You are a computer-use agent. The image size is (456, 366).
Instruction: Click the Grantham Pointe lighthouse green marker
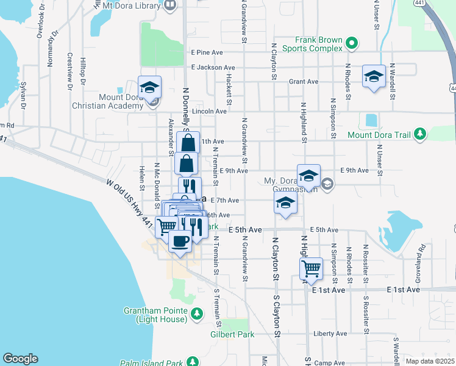coord(196,314)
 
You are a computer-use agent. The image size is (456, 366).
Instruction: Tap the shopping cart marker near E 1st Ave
coord(311,268)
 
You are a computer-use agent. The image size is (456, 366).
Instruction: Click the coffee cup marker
coord(179,241)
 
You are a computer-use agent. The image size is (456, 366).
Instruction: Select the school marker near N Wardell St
coord(374,76)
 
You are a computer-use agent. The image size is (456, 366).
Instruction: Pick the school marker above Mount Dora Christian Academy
coord(149,87)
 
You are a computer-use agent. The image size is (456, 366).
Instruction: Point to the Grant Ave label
coord(304,81)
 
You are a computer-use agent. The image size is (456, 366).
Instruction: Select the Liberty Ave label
coord(330,334)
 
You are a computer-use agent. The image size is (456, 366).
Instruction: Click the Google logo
coord(21,359)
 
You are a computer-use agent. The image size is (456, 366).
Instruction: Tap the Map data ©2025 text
coord(430,361)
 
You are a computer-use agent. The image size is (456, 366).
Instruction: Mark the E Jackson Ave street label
coord(213,68)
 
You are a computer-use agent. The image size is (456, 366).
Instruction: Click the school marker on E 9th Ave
coord(308,176)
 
